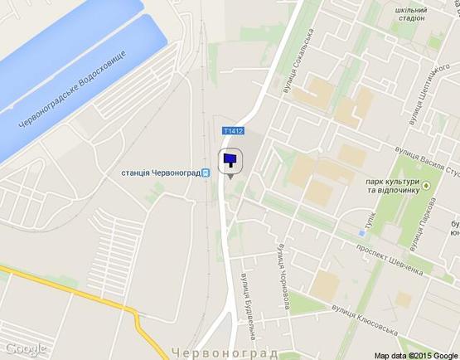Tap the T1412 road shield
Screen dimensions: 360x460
pyautogui.click(x=233, y=131)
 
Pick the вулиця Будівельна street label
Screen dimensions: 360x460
pyautogui.click(x=247, y=302)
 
